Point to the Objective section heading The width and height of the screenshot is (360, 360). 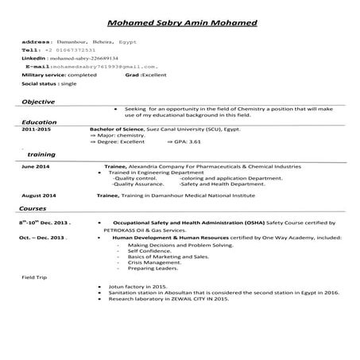click(38, 102)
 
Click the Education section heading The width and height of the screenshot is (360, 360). click(39, 121)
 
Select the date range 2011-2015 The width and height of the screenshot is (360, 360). click(37, 128)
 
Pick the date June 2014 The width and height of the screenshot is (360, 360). click(36, 167)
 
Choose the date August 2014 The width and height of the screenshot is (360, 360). click(39, 195)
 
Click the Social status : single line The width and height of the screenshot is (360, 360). click(49, 83)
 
